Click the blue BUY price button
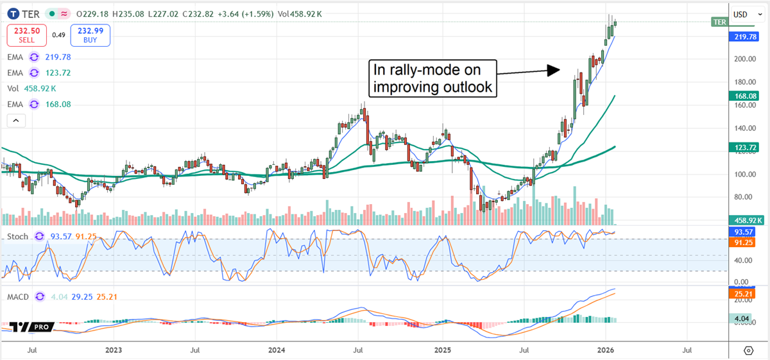(x=91, y=35)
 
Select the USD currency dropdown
(x=744, y=14)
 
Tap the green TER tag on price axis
(x=720, y=22)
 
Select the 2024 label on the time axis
(x=277, y=350)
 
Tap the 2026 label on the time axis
(x=606, y=350)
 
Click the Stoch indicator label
(x=17, y=237)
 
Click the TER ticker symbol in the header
(x=31, y=13)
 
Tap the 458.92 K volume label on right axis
(x=748, y=219)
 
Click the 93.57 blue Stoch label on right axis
(x=745, y=231)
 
